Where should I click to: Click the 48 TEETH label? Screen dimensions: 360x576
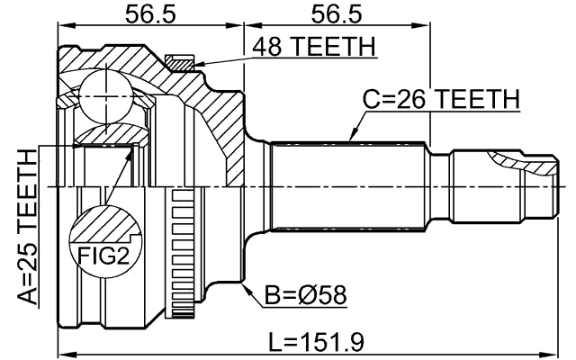pyautogui.click(x=314, y=46)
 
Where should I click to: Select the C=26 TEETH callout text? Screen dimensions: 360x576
pyautogui.click(x=441, y=99)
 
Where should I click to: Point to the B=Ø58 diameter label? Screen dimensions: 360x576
pyautogui.click(x=305, y=294)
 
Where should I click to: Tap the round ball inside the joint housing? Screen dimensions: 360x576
pyautogui.click(x=106, y=93)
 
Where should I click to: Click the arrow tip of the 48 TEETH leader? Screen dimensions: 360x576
pyautogui.click(x=194, y=64)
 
